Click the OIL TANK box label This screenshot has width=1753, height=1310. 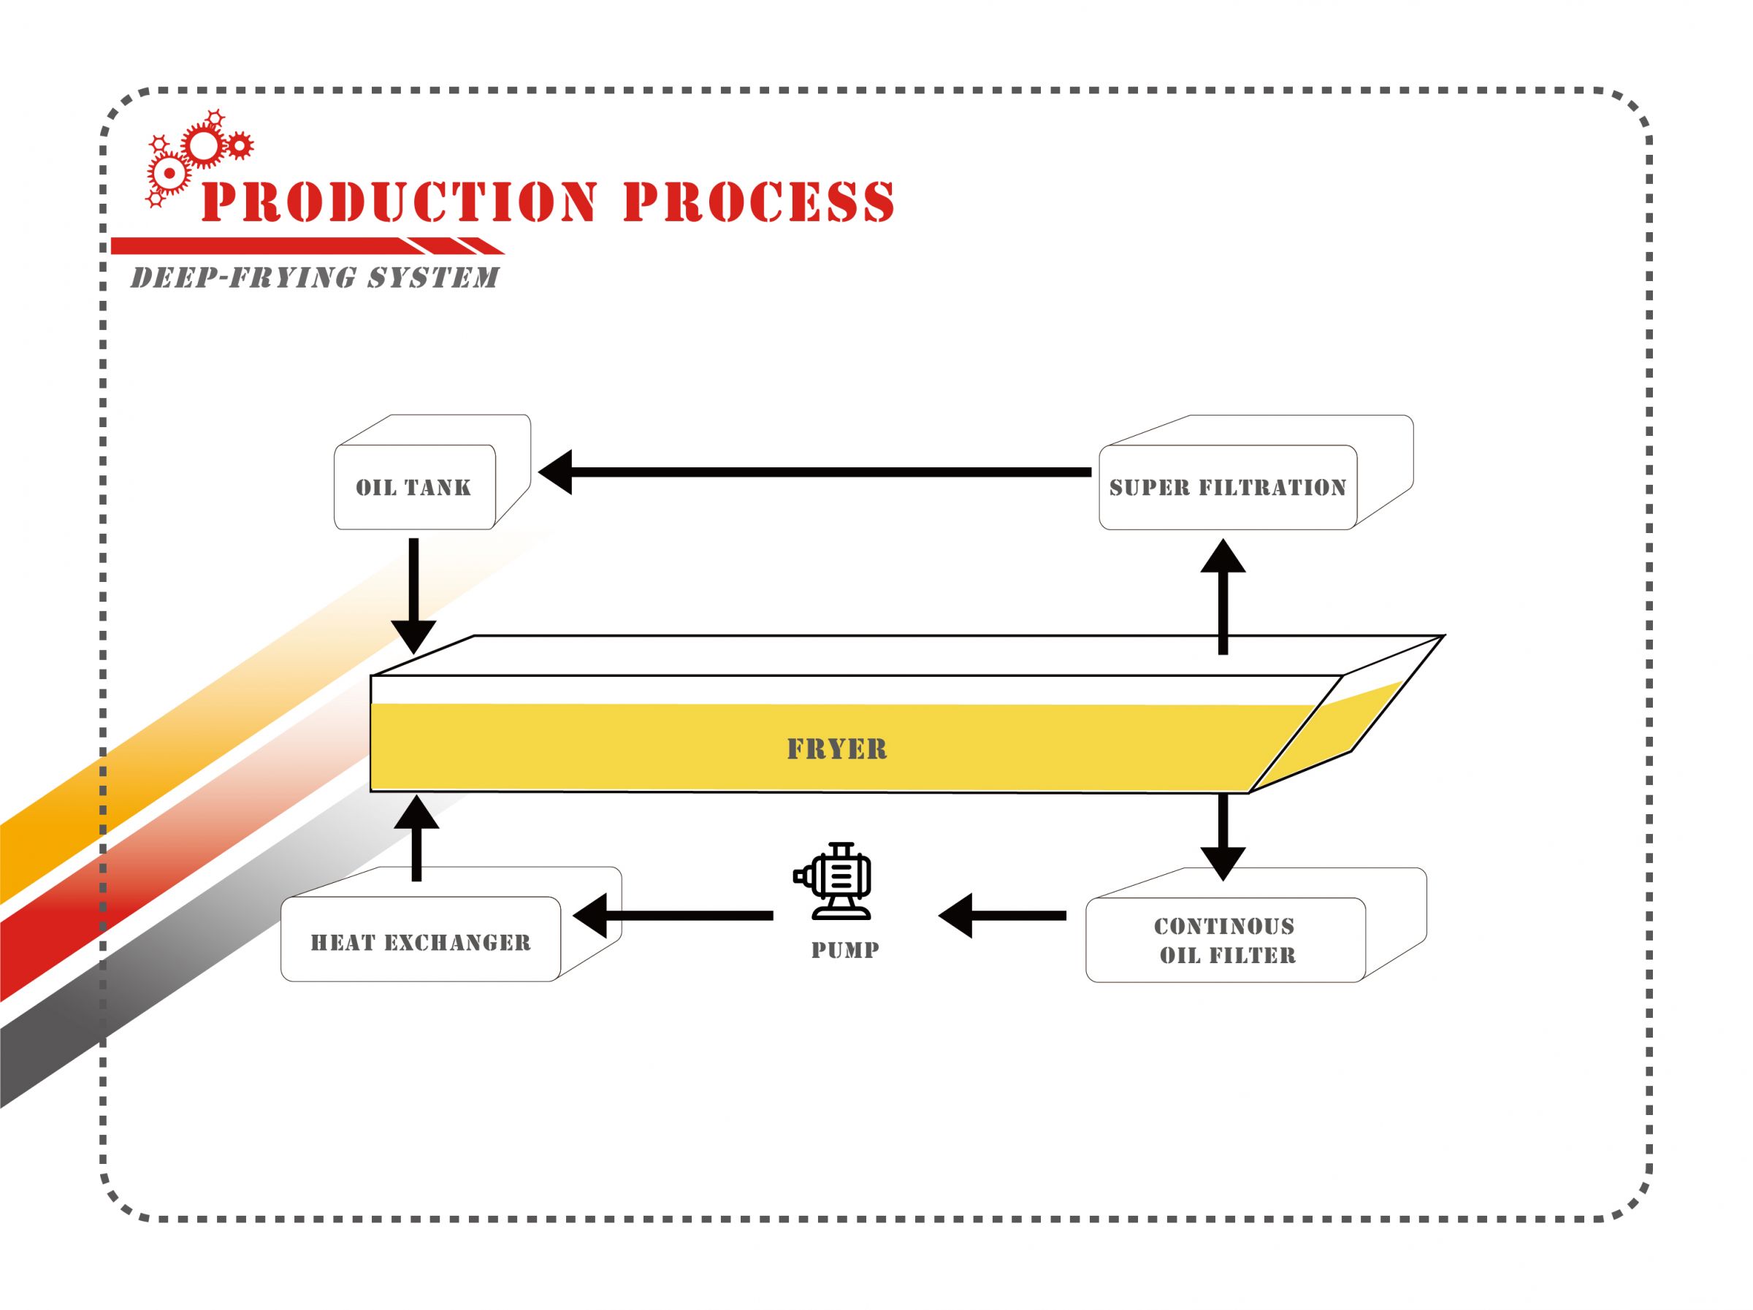413,487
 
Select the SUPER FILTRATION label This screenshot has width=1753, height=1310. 1227,487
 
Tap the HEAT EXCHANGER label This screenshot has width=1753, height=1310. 420,942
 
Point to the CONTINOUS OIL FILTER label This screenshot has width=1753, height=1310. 1225,940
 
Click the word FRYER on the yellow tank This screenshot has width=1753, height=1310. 837,749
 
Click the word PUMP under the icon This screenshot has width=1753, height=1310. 845,950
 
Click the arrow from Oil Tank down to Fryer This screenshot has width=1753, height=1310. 413,594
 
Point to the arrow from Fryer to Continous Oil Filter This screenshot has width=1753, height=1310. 1223,835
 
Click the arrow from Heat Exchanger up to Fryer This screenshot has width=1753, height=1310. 417,838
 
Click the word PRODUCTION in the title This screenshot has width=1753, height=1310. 400,202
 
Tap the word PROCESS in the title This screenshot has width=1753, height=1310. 758,202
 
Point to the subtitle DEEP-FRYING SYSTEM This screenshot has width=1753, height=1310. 315,277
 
